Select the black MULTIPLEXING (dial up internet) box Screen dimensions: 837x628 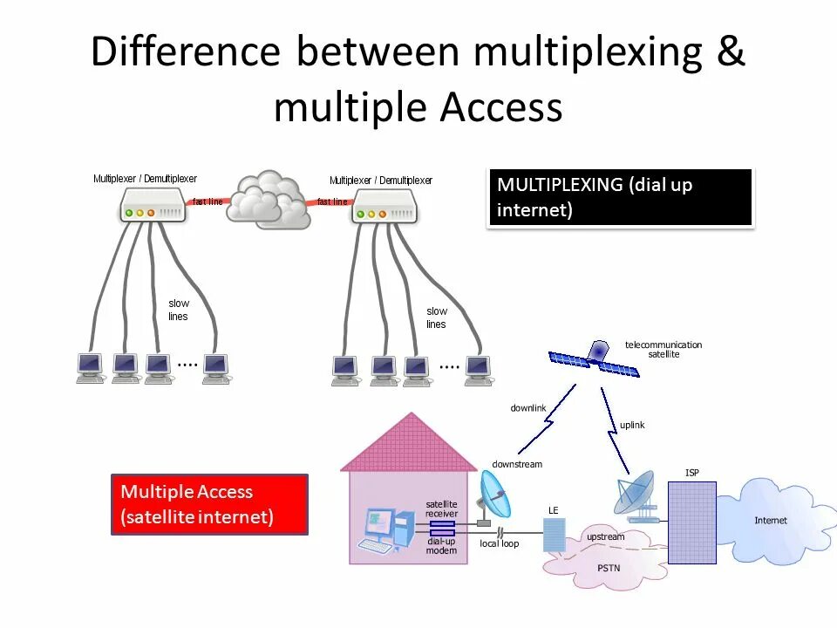(620, 198)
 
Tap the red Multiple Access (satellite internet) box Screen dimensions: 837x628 (209, 504)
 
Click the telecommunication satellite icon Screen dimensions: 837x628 (595, 358)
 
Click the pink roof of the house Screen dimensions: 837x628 (410, 444)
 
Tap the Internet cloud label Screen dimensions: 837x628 (770, 521)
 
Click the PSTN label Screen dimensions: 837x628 (609, 568)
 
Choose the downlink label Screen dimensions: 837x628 (527, 408)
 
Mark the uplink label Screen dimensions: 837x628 (632, 425)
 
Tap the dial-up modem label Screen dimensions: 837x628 (441, 546)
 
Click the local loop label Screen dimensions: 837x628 (499, 543)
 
